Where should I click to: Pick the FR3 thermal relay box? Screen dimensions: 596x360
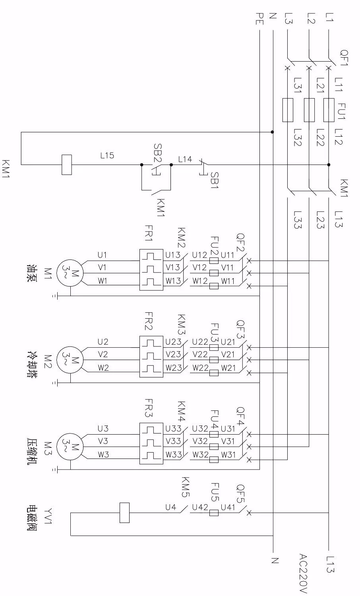pyautogui.click(x=152, y=443)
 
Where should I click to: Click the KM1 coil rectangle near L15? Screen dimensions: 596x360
pyautogui.click(x=67, y=164)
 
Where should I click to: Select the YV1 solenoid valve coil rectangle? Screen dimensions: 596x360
pyautogui.click(x=124, y=513)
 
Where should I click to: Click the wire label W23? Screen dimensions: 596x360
pyautogui.click(x=174, y=368)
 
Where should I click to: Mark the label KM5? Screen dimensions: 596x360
pyautogui.click(x=185, y=488)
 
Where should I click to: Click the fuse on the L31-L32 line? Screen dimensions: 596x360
pyautogui.click(x=288, y=110)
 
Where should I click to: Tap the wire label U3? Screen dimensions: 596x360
pyautogui.click(x=103, y=428)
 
